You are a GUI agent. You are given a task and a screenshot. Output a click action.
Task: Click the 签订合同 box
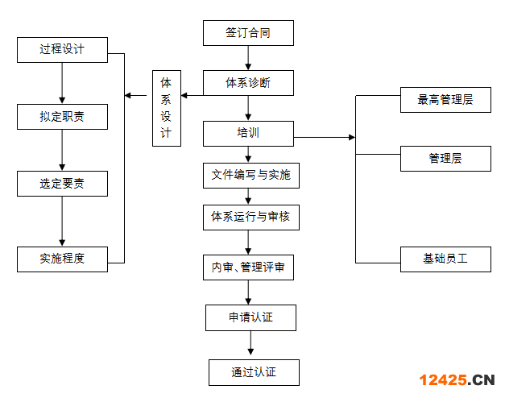pyautogui.click(x=248, y=33)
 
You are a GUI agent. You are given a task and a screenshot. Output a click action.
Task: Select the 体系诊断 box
pyautogui.click(x=248, y=83)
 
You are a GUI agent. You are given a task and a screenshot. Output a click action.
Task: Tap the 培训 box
pyautogui.click(x=248, y=133)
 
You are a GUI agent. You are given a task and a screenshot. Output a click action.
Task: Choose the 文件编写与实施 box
pyautogui.click(x=251, y=175)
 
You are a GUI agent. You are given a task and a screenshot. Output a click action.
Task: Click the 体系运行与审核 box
pyautogui.click(x=251, y=217)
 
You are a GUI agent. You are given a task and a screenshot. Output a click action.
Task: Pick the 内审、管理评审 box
pyautogui.click(x=248, y=267)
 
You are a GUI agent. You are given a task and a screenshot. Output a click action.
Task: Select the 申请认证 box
pyautogui.click(x=251, y=317)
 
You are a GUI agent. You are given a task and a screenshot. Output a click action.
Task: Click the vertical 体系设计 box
pyautogui.click(x=166, y=108)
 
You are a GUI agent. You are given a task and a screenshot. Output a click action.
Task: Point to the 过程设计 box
pyautogui.click(x=62, y=49)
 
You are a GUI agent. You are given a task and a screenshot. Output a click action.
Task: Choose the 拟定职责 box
pyautogui.click(x=62, y=117)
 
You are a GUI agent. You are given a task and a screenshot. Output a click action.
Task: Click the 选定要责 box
pyautogui.click(x=62, y=184)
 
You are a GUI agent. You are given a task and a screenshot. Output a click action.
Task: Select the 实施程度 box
pyautogui.click(x=62, y=259)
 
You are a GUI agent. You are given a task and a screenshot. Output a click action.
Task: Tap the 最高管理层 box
pyautogui.click(x=445, y=100)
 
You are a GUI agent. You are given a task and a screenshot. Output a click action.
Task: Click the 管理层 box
pyautogui.click(x=445, y=159)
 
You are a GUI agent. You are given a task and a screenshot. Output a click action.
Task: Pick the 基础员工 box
pyautogui.click(x=445, y=259)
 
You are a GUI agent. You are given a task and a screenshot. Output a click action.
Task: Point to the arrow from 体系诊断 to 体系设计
pyautogui.click(x=192, y=96)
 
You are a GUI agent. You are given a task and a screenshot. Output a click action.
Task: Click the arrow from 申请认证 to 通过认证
pyautogui.click(x=251, y=344)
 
